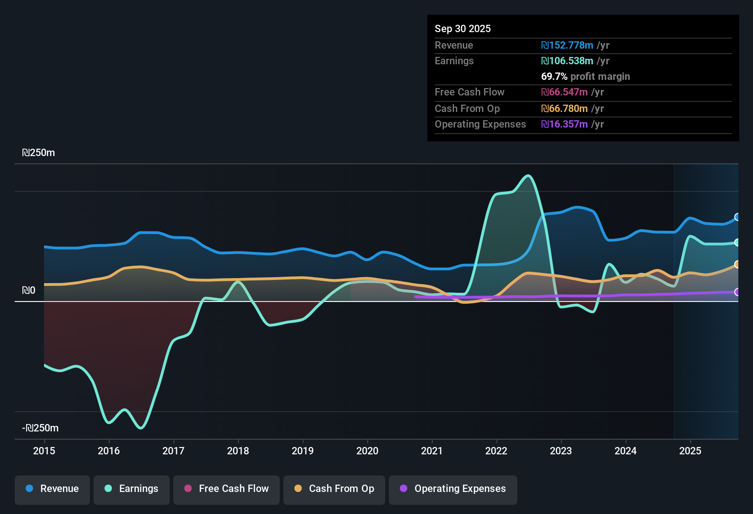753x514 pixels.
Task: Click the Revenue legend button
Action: coord(52,489)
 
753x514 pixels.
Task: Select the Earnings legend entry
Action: coord(132,489)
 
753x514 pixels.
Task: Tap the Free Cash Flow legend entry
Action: coord(227,489)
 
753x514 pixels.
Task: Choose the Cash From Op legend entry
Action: coord(334,489)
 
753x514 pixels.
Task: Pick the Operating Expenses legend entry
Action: coord(453,489)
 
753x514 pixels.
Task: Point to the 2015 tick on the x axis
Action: coord(44,451)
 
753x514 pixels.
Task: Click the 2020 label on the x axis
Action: coord(367,451)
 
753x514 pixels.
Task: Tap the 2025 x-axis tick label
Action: coord(690,451)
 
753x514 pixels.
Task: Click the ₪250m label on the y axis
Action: coord(39,153)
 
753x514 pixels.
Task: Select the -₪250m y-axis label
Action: coord(40,428)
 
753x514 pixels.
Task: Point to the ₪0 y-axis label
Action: coord(28,291)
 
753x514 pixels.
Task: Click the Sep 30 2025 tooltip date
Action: coord(463,28)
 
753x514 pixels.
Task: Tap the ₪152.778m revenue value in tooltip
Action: coord(567,45)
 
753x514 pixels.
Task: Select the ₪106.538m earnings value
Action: coord(567,61)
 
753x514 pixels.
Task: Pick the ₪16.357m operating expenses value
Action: coord(565,124)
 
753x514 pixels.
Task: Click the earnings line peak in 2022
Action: coord(528,176)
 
